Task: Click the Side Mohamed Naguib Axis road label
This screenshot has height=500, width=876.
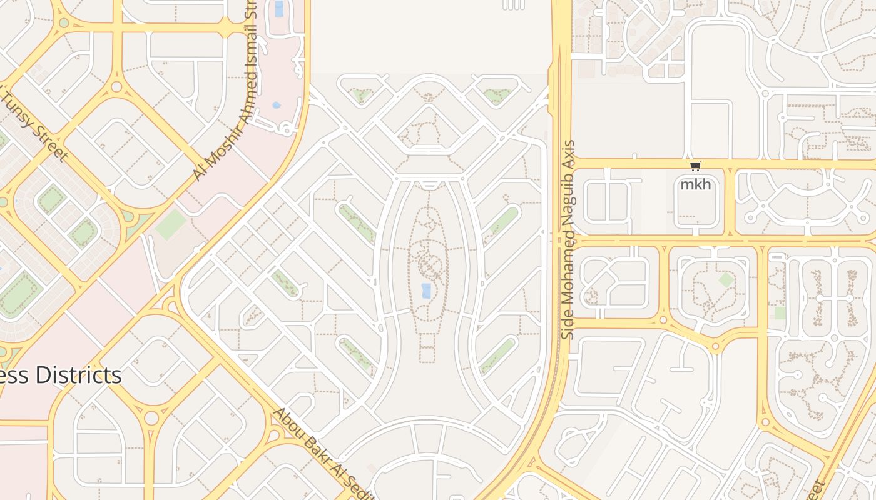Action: tap(568, 240)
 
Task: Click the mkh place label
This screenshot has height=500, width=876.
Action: tap(695, 184)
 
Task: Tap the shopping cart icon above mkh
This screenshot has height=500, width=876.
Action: tap(695, 166)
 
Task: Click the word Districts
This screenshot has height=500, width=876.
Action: tap(78, 375)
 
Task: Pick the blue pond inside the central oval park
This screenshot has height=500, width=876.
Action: tap(427, 291)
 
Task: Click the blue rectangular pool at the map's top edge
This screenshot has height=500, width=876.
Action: tap(279, 9)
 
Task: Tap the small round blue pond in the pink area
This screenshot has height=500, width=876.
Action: tap(277, 105)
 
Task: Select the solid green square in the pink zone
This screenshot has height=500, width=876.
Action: tap(170, 224)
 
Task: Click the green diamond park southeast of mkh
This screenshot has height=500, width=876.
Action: tap(726, 279)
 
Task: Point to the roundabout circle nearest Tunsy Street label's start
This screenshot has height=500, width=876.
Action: tap(116, 86)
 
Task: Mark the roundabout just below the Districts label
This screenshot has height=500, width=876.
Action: tap(151, 417)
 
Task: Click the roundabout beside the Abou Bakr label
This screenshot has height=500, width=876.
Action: tap(274, 436)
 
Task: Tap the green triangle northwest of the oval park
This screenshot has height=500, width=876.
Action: tap(360, 96)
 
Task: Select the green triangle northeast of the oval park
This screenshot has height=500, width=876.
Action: tap(497, 96)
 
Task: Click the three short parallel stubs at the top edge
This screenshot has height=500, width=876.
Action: tap(513, 5)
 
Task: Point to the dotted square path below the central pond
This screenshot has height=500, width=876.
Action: tap(427, 347)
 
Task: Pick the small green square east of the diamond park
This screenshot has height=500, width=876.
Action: tap(780, 312)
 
